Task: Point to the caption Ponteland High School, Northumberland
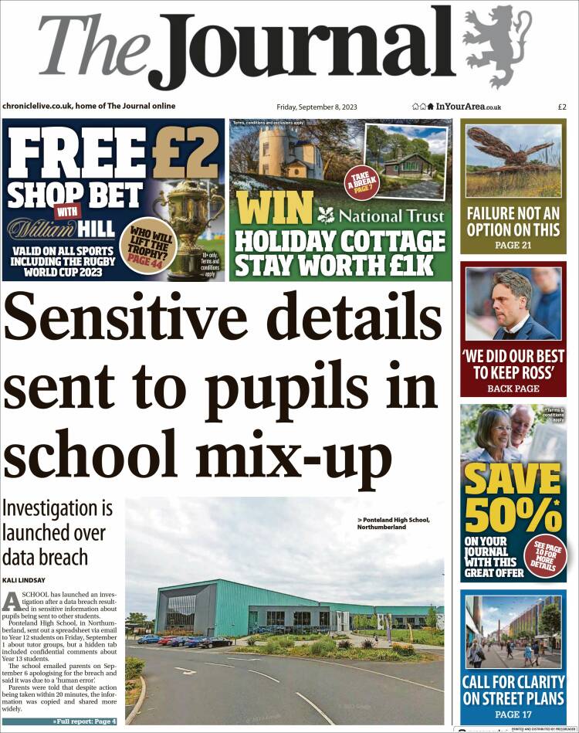click(x=393, y=523)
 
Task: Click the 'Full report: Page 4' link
click(x=84, y=721)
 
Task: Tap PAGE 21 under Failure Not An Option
click(x=513, y=245)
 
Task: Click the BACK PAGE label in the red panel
click(x=513, y=389)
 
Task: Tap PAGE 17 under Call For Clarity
click(x=513, y=714)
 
